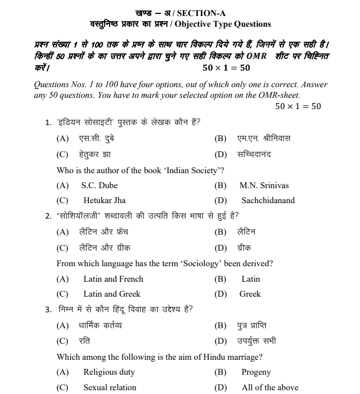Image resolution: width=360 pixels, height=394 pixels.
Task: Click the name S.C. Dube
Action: click(x=99, y=186)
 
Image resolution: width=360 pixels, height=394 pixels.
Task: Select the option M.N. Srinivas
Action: click(x=264, y=186)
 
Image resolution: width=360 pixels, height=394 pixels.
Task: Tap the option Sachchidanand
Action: click(x=268, y=200)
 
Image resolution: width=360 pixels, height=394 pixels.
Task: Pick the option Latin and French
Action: click(x=113, y=279)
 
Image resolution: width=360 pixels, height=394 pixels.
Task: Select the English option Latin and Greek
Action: click(x=112, y=294)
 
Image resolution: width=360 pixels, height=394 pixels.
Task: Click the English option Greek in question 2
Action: click(x=250, y=294)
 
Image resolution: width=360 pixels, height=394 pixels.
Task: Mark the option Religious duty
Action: click(x=109, y=372)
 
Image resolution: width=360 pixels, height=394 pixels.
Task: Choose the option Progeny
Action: click(x=256, y=372)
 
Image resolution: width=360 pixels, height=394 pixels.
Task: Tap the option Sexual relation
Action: click(x=110, y=388)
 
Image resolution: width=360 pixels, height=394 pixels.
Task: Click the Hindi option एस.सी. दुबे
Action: click(x=97, y=139)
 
